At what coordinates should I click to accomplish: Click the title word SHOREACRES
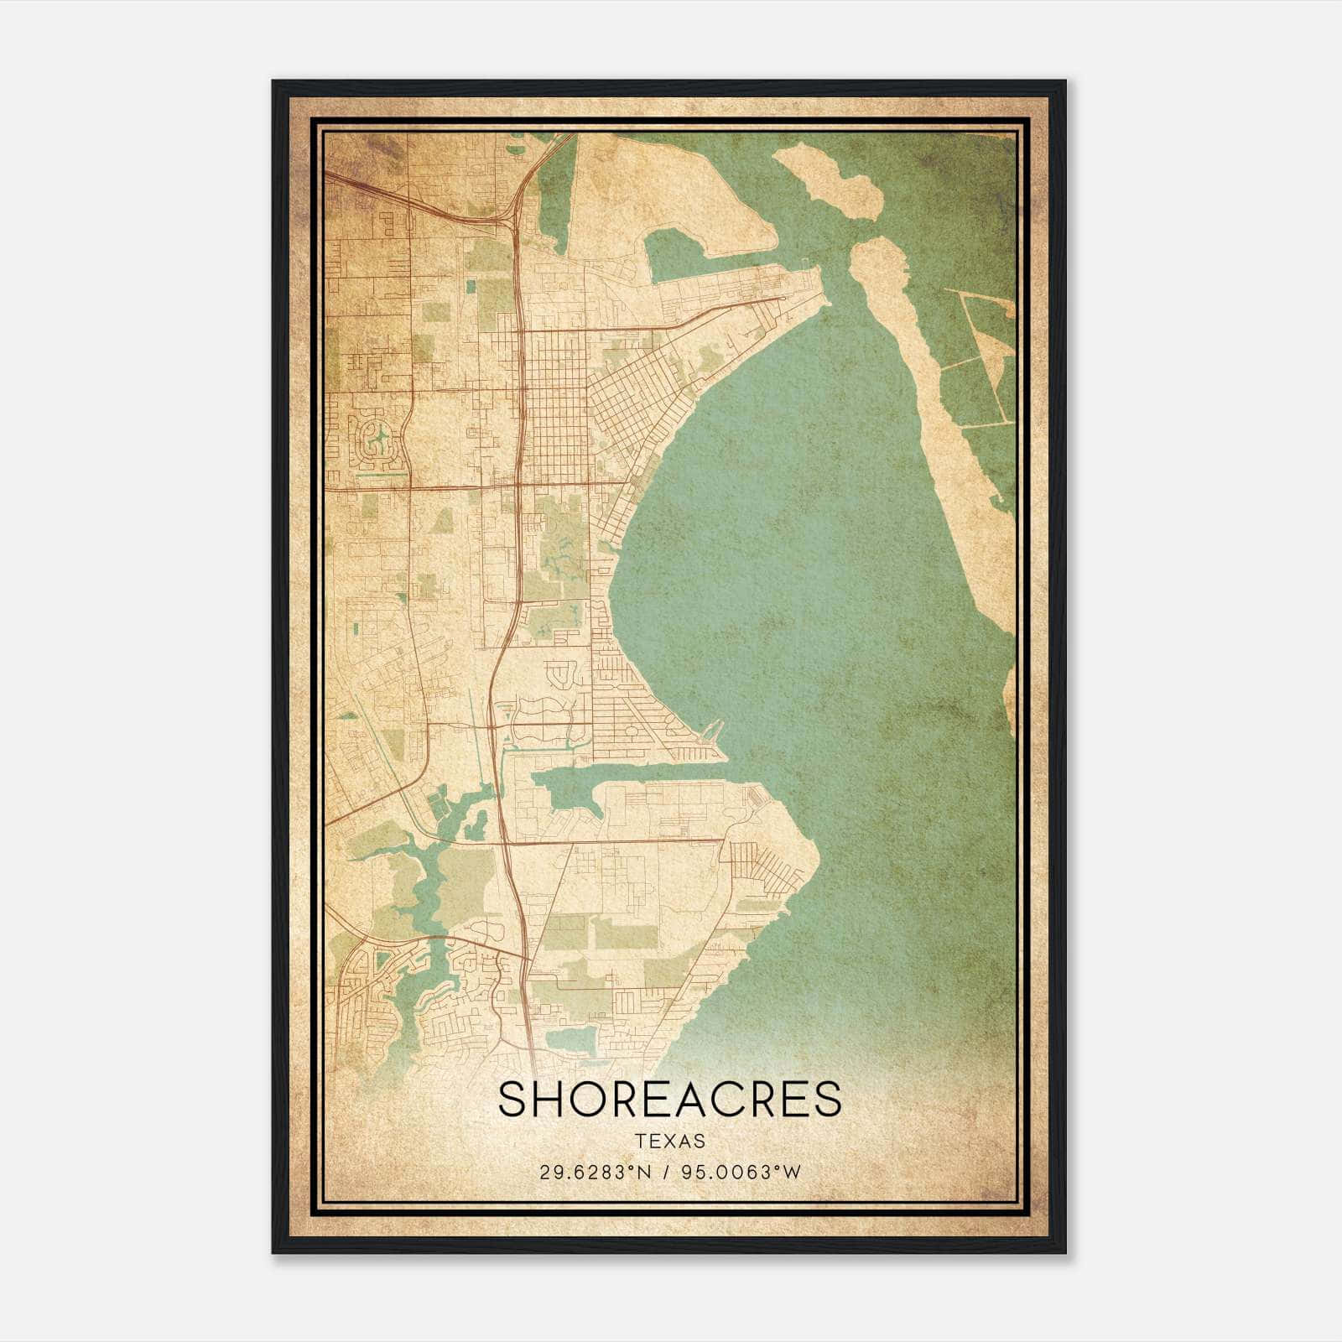tap(669, 1100)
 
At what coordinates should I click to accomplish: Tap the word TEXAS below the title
tap(669, 1142)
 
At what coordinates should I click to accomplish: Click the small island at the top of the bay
tap(830, 180)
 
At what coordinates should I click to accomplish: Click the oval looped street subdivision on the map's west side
tap(378, 444)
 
